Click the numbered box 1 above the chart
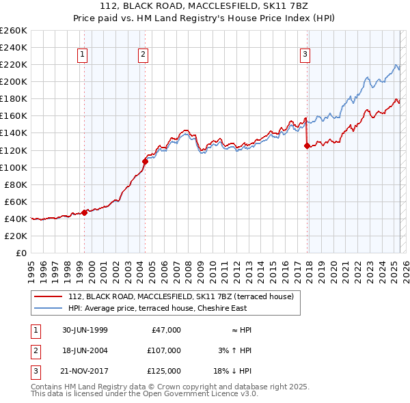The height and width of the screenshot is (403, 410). (x=82, y=55)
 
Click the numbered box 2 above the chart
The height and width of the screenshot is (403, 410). (x=143, y=55)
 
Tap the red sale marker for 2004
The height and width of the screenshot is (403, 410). (x=146, y=161)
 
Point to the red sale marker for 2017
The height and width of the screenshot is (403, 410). (x=307, y=145)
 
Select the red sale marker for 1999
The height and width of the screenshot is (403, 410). (x=85, y=212)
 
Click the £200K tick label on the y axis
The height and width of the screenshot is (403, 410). (x=13, y=81)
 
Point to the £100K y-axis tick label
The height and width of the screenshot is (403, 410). (x=13, y=167)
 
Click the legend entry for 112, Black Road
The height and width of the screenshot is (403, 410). (x=181, y=296)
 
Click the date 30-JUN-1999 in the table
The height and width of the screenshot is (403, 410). (x=85, y=331)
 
